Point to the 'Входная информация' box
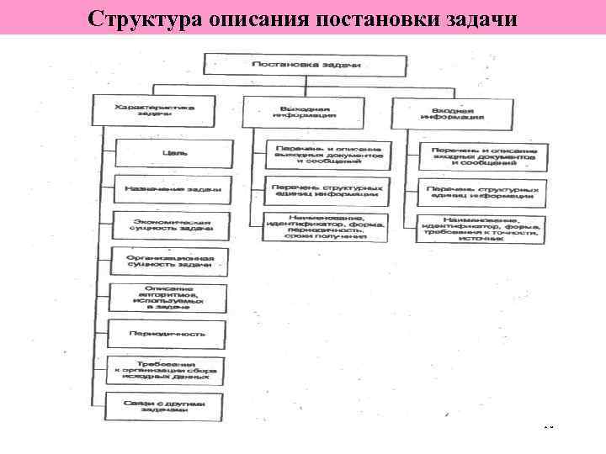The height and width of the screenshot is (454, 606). tap(453, 113)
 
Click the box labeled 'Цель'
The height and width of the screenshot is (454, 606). tap(171, 152)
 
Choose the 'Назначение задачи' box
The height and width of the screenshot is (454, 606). tap(171, 188)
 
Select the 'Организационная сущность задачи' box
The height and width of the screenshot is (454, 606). tap(171, 261)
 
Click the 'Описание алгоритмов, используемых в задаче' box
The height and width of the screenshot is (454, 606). tap(171, 298)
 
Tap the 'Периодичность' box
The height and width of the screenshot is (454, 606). tap(171, 334)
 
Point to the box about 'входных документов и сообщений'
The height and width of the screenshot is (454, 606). tap(483, 155)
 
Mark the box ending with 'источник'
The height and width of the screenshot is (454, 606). tap(483, 228)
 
